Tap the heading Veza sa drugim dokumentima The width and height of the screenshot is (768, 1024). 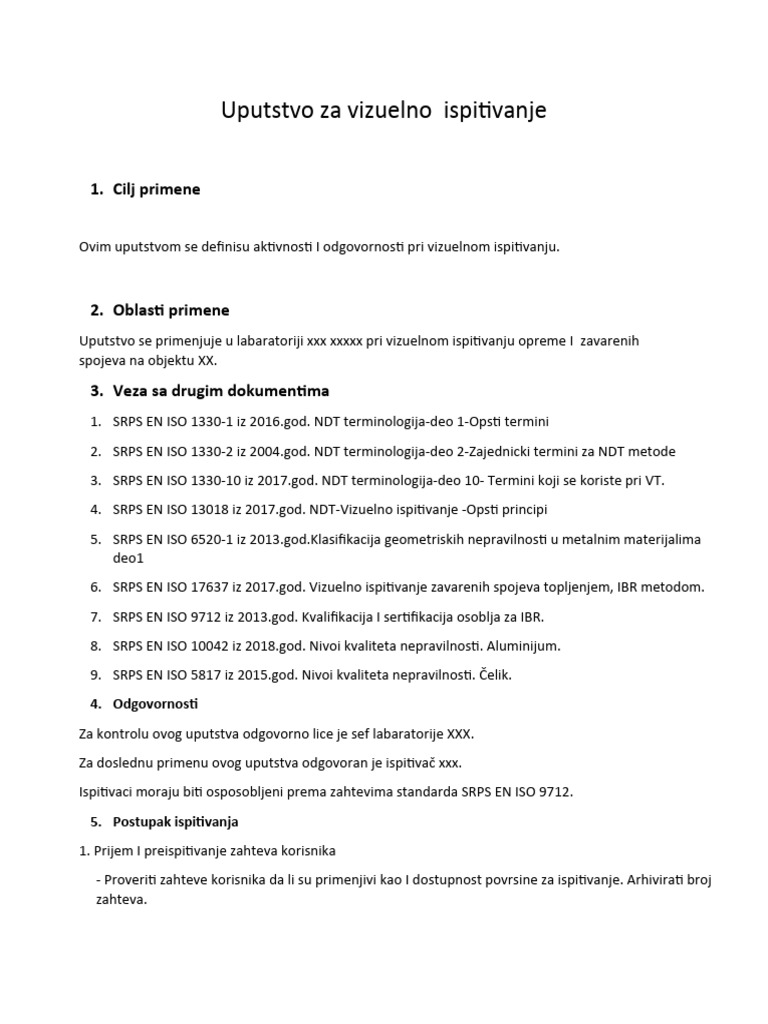click(x=220, y=390)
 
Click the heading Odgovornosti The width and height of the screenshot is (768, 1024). click(x=155, y=704)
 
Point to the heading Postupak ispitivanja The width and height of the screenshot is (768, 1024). click(x=175, y=822)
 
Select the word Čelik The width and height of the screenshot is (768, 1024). click(x=491, y=675)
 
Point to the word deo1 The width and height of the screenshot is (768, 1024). click(x=129, y=558)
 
